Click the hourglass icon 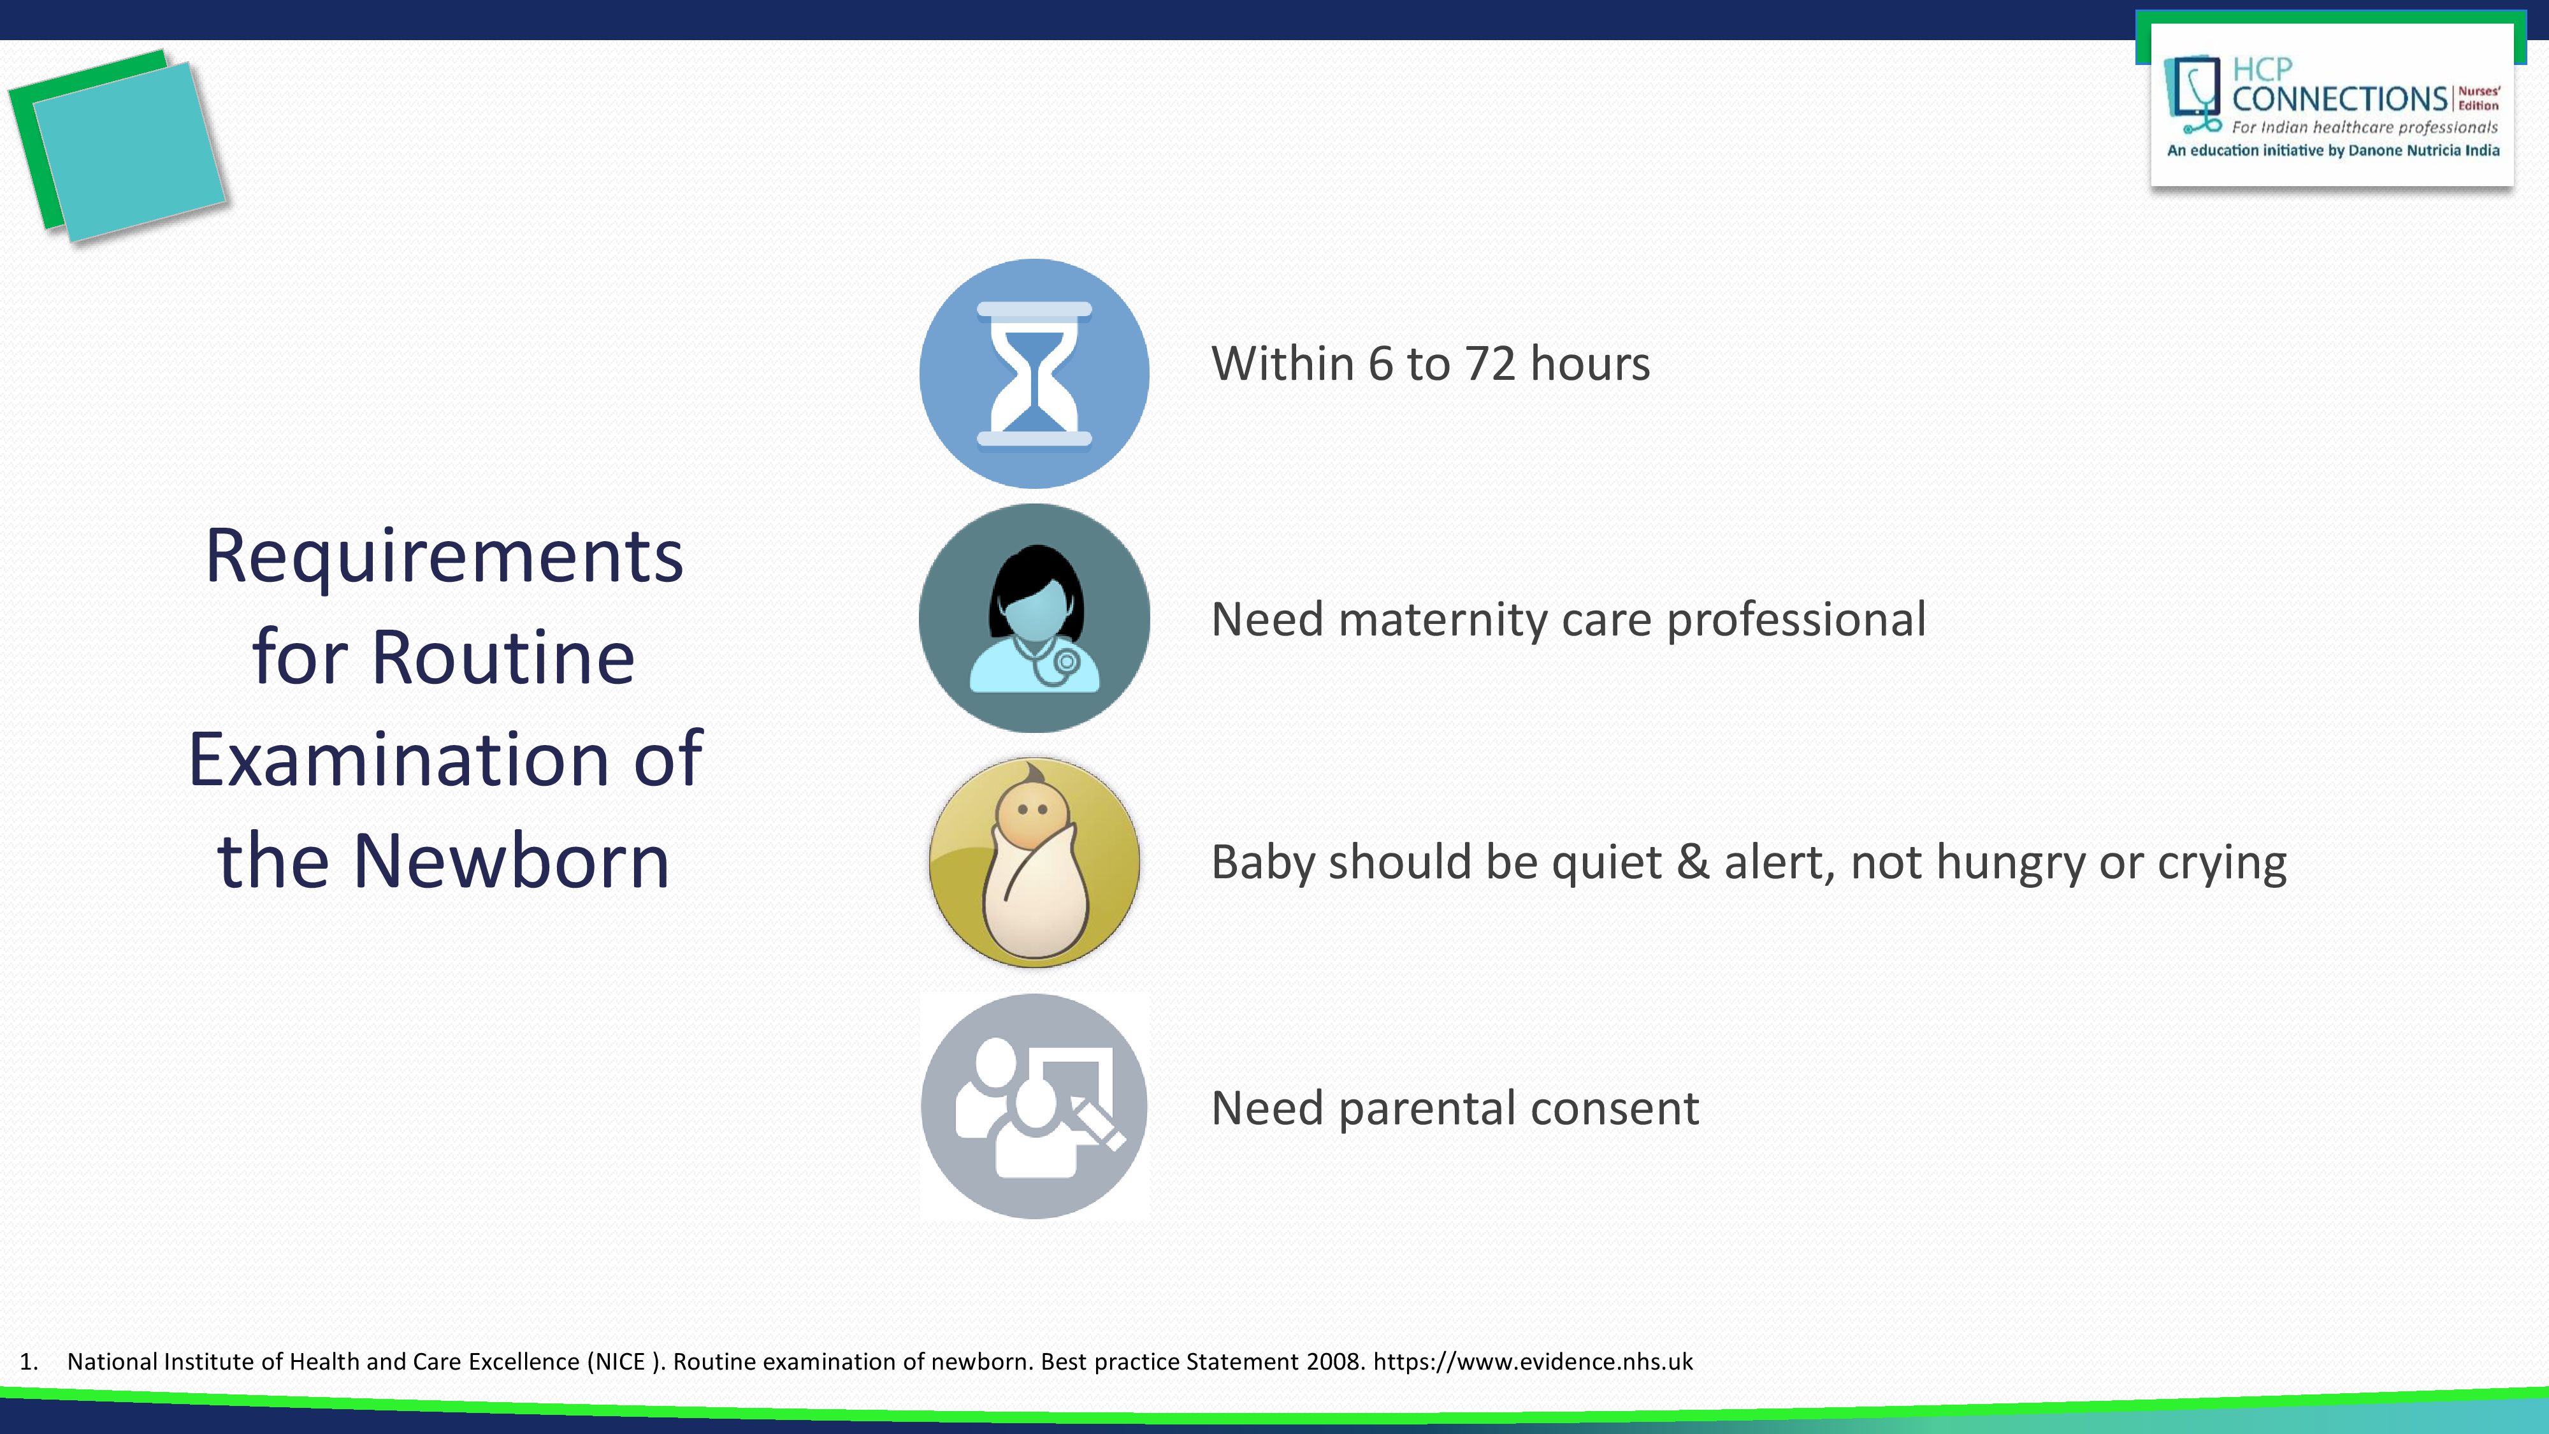pos(1034,373)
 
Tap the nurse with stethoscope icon pos(1034,618)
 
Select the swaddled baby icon pos(1034,862)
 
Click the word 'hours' pos(1590,363)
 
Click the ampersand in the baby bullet pos(1693,862)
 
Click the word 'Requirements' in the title pos(444,557)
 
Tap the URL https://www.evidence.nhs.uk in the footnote pos(1533,1362)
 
